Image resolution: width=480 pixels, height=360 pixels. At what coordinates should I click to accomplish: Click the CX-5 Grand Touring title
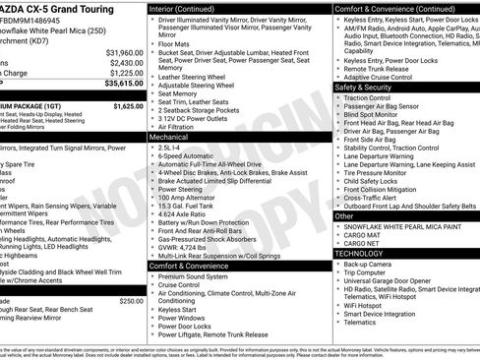tap(49, 7)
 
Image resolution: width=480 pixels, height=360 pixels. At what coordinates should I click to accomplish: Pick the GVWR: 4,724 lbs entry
tap(193, 247)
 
